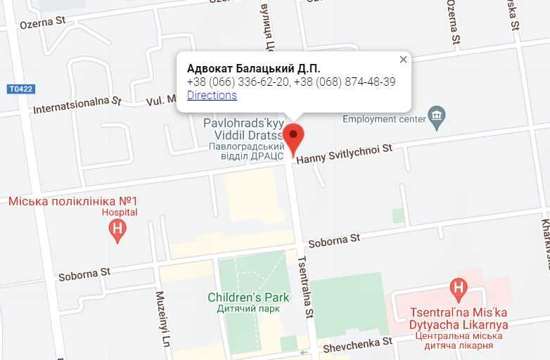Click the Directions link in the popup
click(x=212, y=96)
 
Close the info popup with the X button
click(x=403, y=60)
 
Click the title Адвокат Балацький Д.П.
click(x=253, y=68)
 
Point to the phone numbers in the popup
click(x=291, y=82)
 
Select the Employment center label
click(x=384, y=119)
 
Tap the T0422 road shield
click(x=21, y=89)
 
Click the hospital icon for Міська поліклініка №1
click(x=118, y=229)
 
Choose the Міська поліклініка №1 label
click(x=72, y=201)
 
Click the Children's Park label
click(x=248, y=297)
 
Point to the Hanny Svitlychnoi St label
click(x=344, y=153)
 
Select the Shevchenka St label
click(x=357, y=345)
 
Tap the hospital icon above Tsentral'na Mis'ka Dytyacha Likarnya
click(x=459, y=288)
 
